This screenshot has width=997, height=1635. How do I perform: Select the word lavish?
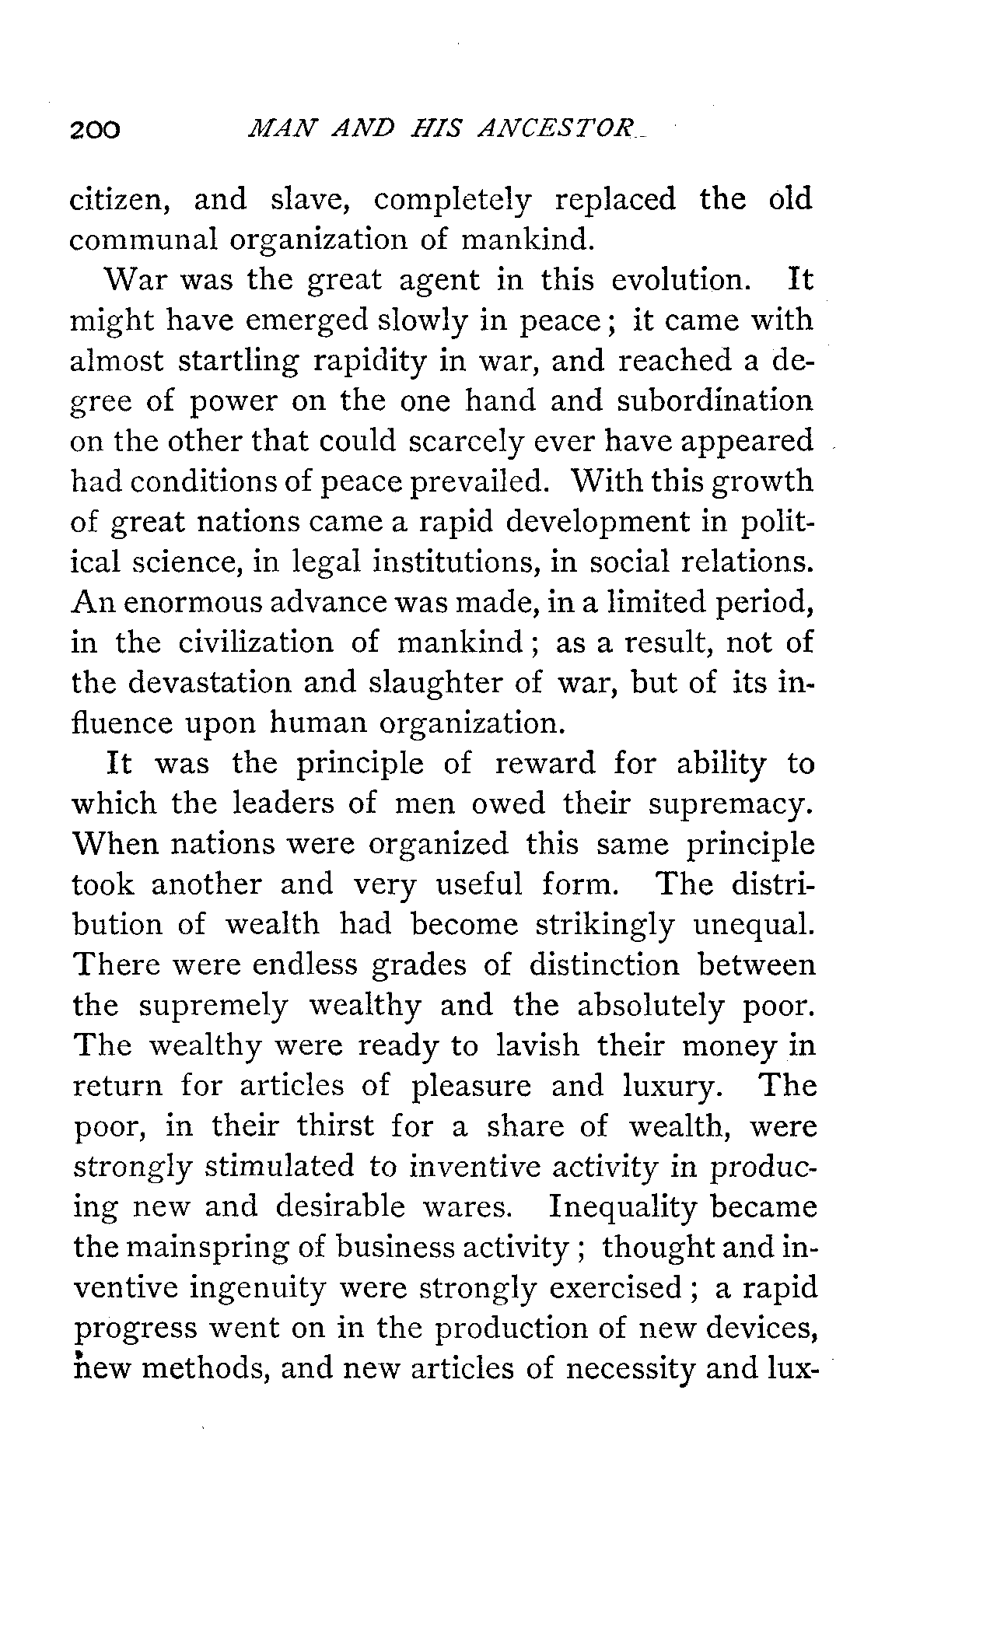[537, 1045]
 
